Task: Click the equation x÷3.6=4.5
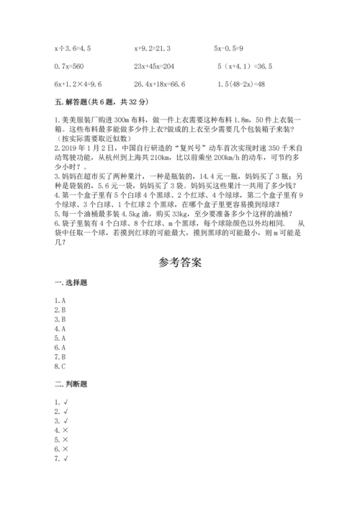(72, 49)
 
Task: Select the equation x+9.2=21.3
(152, 49)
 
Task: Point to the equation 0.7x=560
(68, 66)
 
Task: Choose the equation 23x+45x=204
(155, 66)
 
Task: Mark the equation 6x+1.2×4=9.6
(78, 84)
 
